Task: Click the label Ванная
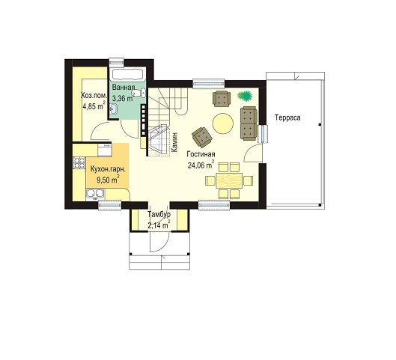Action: pos(124,88)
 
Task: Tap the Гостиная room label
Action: pos(201,154)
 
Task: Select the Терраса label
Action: pos(287,118)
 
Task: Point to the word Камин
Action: pos(174,142)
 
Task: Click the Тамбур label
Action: pos(159,215)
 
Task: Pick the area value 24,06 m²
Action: pos(201,165)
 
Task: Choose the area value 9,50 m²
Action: pos(108,180)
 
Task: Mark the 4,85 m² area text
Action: pos(94,106)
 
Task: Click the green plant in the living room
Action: pos(245,96)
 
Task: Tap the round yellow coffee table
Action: pos(223,123)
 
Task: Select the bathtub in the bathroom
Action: pos(128,74)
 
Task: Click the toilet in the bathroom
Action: pos(139,93)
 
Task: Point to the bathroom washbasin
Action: pos(114,109)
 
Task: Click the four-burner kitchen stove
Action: pos(79,163)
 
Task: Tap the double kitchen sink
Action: pos(95,193)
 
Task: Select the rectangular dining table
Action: pos(229,180)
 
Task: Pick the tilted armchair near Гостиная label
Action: pos(202,137)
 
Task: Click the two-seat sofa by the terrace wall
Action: pos(249,123)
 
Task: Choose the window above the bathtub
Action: pos(117,63)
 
